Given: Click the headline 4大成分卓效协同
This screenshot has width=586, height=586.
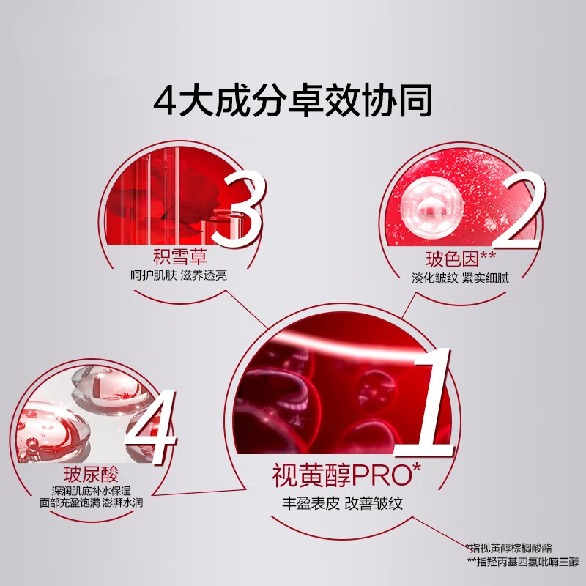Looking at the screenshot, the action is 292,100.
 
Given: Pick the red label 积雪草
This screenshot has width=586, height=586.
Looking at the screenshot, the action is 179,257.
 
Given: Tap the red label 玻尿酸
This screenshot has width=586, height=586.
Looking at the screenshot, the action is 91,475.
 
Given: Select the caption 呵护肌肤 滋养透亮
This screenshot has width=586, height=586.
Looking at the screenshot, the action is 179,276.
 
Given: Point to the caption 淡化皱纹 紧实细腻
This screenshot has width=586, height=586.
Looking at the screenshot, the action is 460,278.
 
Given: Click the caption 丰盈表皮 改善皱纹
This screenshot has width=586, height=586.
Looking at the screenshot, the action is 342,503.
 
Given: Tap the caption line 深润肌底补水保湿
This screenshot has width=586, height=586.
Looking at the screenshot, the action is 91,491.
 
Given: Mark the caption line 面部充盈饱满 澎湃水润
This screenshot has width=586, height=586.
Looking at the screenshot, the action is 91,502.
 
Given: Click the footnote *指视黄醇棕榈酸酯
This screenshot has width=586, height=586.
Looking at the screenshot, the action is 508,548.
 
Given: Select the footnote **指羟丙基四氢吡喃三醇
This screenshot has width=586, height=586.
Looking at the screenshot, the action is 523,562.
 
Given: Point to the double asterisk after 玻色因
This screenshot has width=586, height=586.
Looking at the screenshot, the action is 488,255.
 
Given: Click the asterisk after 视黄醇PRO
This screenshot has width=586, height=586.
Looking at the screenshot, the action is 417,467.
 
